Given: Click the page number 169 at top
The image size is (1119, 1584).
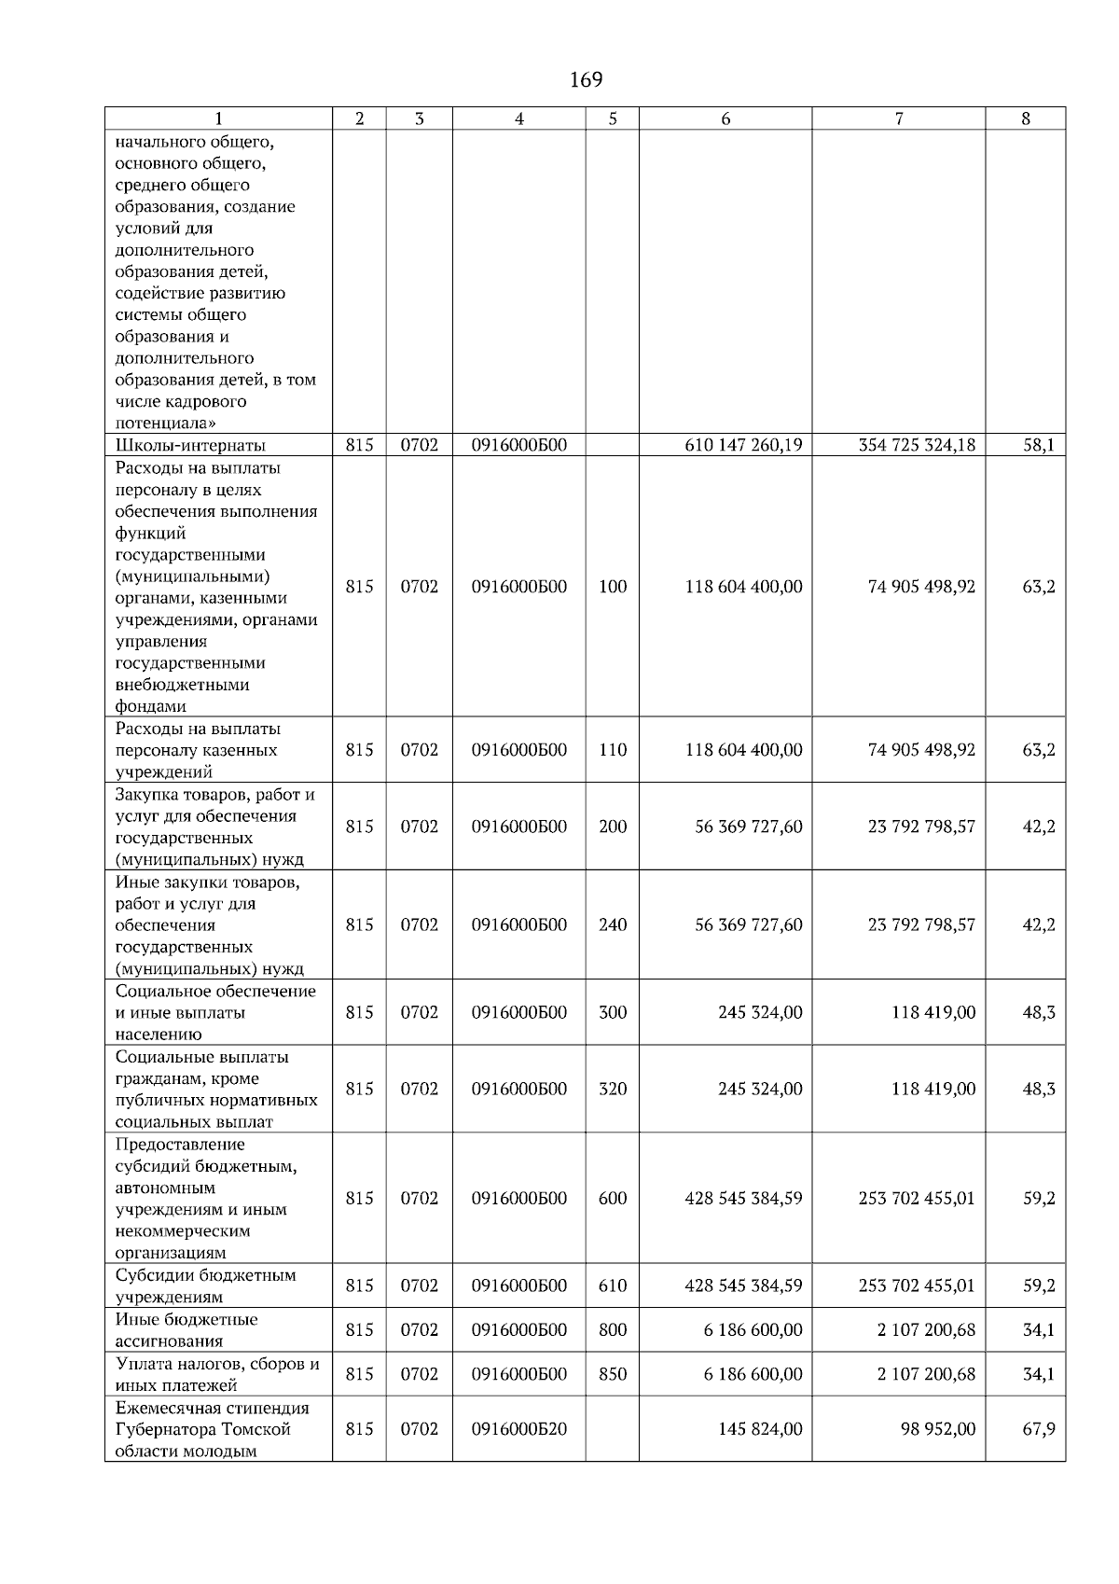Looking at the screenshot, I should tap(586, 80).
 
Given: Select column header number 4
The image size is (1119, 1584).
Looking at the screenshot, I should tap(519, 118).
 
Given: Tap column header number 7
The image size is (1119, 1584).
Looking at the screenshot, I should tap(898, 118).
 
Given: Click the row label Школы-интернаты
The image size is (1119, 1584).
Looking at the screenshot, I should tap(190, 445).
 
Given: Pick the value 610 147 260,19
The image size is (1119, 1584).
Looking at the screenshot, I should tap(743, 445).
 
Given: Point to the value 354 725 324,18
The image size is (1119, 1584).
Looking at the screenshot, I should tap(917, 445).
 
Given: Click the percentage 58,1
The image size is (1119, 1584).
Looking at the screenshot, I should tap(1039, 445).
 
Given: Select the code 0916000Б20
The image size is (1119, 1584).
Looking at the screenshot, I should tap(519, 1429).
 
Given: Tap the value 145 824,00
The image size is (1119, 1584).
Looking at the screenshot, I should tap(760, 1429).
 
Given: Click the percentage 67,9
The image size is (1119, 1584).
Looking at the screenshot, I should tap(1039, 1429).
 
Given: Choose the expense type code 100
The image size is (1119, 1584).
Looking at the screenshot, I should tap(613, 587).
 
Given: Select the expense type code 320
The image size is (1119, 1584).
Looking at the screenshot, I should tap(613, 1089).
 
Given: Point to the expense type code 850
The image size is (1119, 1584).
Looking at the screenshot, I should tap(613, 1374).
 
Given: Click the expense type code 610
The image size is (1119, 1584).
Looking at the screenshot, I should tap(613, 1285).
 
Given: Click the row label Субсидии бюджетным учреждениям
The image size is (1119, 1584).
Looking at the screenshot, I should tap(205, 1285).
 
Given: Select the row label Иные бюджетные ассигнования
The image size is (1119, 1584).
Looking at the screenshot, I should tap(186, 1330).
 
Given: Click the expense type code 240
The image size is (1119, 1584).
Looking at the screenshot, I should tap(613, 924).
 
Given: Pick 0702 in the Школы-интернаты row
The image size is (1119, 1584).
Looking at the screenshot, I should tap(420, 445).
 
